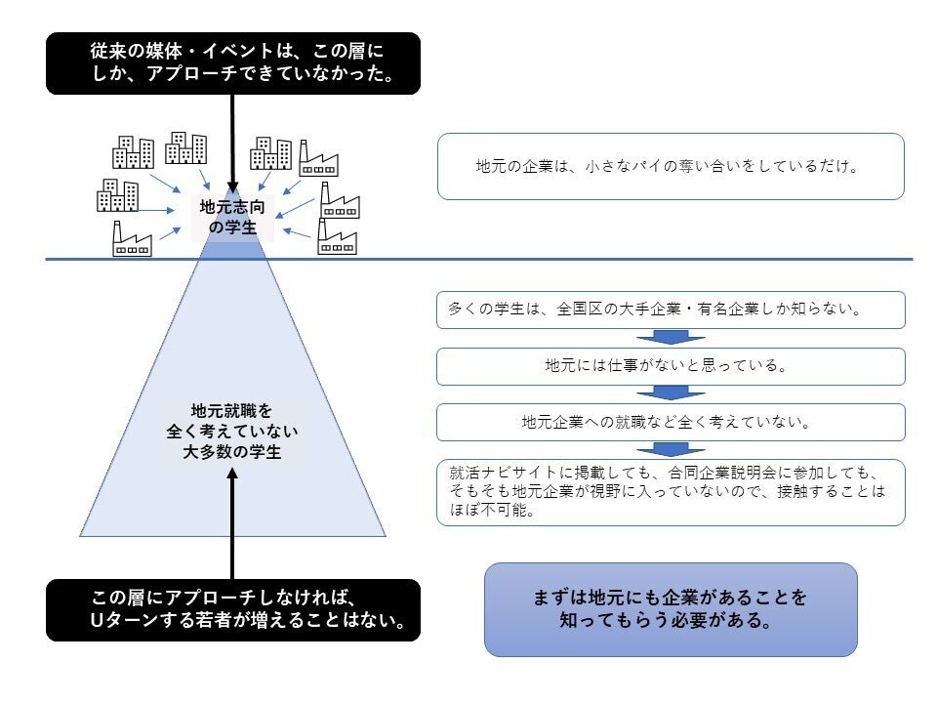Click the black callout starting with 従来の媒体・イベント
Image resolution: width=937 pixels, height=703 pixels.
coord(232,63)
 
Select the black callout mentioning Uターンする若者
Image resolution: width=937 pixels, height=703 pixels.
coord(232,610)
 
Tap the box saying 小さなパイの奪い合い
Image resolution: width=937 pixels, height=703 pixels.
coord(671,167)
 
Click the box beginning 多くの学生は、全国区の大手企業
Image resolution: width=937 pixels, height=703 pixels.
coord(671,310)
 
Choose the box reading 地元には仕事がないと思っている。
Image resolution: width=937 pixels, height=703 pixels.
coord(671,366)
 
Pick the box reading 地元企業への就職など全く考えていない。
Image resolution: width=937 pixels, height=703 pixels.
coord(671,423)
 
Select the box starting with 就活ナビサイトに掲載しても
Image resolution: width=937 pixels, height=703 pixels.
coord(671,492)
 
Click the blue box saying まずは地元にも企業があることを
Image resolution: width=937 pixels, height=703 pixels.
coord(671,609)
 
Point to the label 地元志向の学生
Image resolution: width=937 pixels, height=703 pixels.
coord(232,217)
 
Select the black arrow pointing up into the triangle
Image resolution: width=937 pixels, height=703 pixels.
coord(232,522)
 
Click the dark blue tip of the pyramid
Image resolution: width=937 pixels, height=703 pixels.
coord(232,250)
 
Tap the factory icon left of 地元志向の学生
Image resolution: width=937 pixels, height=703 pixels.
coord(132,239)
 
